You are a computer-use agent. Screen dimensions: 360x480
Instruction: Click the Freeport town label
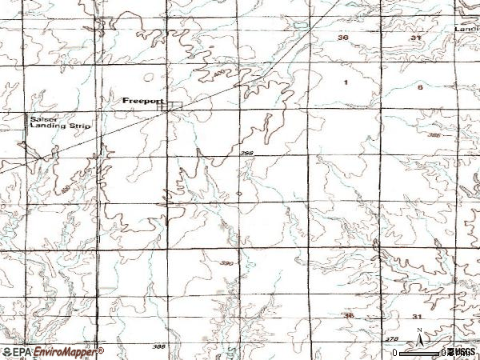(x=143, y=102)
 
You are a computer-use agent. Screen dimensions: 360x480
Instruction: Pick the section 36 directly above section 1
(x=344, y=38)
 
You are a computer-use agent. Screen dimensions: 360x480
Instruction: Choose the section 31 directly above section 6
(x=415, y=38)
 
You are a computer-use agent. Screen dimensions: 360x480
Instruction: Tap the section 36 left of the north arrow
(x=349, y=317)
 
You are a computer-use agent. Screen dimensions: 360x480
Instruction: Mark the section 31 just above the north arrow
(x=417, y=318)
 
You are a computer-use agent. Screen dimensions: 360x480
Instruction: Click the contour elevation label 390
(x=226, y=263)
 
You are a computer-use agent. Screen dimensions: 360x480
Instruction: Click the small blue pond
(x=239, y=194)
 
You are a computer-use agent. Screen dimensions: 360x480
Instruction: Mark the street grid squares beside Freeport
(x=174, y=105)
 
